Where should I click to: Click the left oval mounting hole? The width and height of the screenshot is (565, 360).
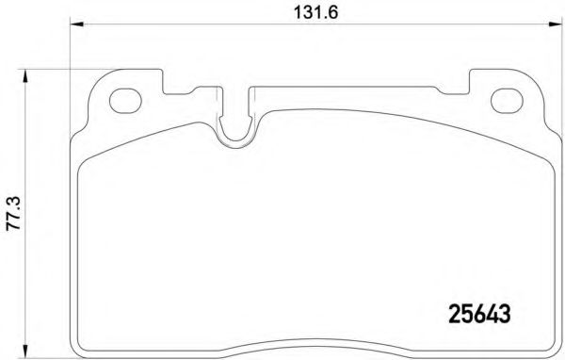pyautogui.click(x=125, y=98)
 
